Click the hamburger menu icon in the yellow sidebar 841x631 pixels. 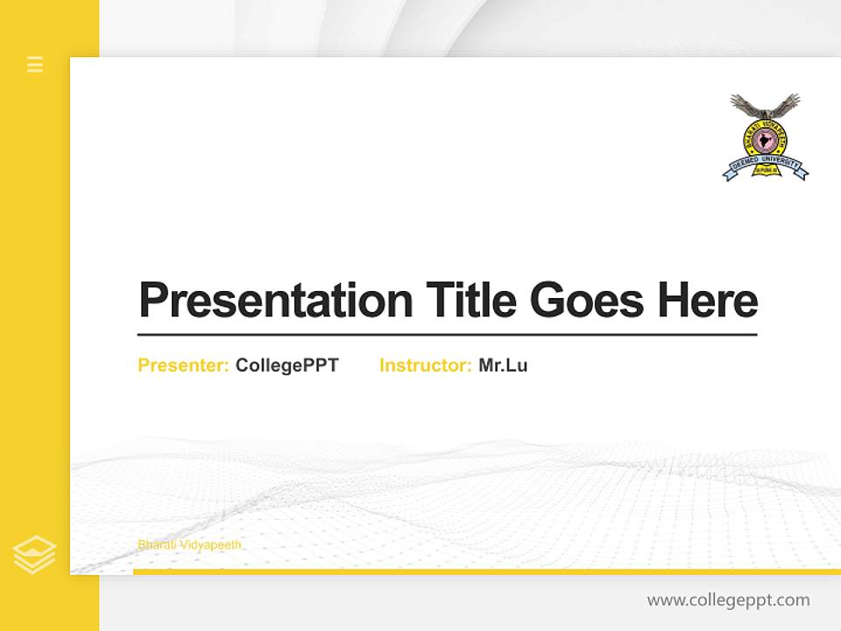(x=35, y=64)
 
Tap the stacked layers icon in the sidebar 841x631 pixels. (x=35, y=555)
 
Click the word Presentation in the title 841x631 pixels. (x=275, y=301)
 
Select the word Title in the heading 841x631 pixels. (x=470, y=300)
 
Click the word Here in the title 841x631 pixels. (x=708, y=300)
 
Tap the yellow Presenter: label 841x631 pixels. (x=183, y=365)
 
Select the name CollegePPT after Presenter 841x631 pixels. (x=286, y=365)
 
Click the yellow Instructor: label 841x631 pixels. (x=425, y=365)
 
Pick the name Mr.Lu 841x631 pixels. (x=503, y=365)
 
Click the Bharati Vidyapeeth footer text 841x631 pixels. (x=189, y=545)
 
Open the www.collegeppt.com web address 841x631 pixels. (x=728, y=600)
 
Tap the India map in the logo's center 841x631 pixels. (x=766, y=141)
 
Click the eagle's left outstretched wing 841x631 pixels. (x=744, y=103)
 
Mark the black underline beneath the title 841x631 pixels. (x=447, y=334)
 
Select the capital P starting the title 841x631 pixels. (x=152, y=301)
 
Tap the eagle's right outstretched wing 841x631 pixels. (x=788, y=103)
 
